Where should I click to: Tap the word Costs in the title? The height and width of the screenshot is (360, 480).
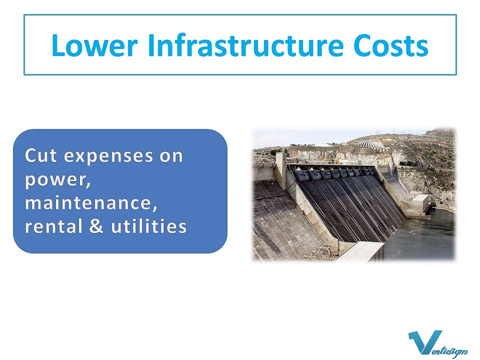390,45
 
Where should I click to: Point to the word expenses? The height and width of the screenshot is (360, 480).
108,156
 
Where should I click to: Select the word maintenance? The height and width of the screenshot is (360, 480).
91,202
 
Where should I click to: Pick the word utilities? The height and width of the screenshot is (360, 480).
149,226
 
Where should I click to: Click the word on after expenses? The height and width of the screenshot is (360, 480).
171,156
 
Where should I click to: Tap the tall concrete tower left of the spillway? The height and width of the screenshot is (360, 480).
280,170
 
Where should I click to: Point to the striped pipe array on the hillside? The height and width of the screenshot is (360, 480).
371,145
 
